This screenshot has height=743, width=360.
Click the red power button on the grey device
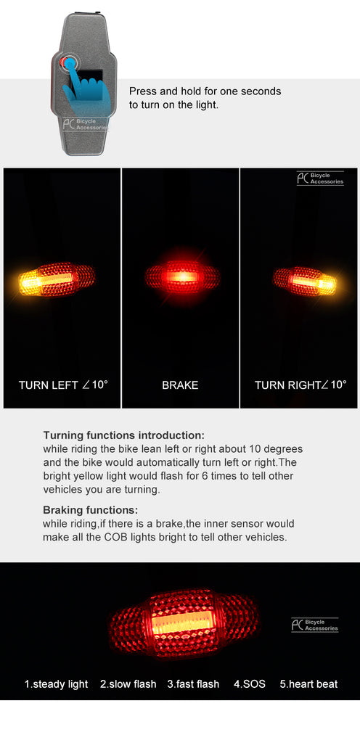click(64, 62)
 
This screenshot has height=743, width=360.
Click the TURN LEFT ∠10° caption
click(63, 385)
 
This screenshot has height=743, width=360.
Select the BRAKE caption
click(180, 385)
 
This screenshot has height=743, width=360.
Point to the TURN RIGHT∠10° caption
click(300, 385)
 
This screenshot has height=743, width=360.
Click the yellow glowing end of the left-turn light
click(29, 283)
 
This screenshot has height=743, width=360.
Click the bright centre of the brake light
click(182, 276)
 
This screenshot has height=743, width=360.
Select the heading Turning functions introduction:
click(123, 435)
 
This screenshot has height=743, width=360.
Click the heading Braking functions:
click(91, 510)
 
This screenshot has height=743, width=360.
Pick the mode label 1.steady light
click(57, 684)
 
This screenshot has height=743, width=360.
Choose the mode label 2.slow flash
click(128, 684)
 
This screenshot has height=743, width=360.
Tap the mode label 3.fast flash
click(193, 684)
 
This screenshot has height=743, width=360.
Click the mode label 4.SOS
click(250, 684)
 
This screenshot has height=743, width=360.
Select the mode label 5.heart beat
click(308, 684)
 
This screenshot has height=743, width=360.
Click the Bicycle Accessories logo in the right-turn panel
click(320, 178)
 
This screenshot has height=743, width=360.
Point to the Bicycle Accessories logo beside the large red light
click(314, 625)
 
